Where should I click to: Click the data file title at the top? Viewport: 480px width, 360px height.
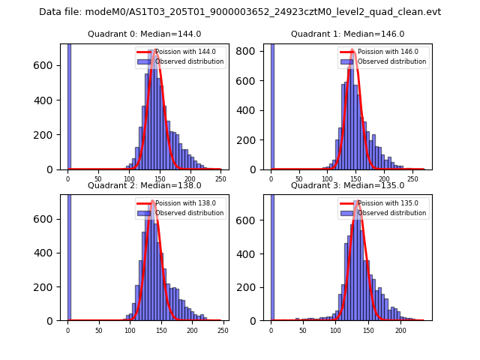click(x=240, y=12)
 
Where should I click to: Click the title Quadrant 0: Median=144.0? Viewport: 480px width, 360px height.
click(x=145, y=34)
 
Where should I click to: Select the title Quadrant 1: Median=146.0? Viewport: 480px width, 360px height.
click(x=347, y=34)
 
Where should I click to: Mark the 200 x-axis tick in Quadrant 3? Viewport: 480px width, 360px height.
click(x=400, y=330)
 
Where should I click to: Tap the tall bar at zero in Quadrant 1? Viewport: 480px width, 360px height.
click(x=271, y=105)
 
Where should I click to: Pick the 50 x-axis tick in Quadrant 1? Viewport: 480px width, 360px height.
click(x=299, y=179)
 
